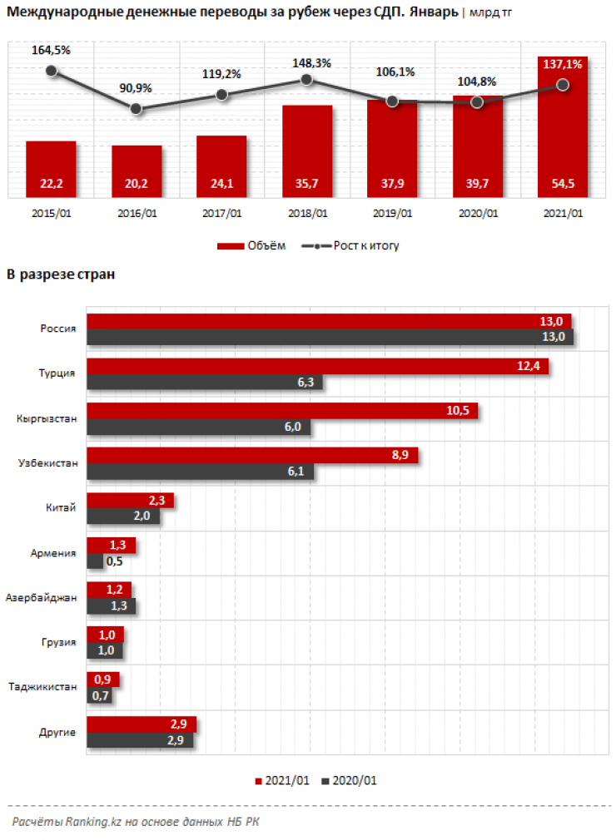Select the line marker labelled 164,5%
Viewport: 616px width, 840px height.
52,72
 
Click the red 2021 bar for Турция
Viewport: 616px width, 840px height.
317,366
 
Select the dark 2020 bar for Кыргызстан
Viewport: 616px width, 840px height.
199,427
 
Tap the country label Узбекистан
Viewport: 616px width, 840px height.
47,463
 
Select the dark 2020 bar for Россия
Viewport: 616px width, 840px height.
330,337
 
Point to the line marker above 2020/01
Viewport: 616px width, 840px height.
476,101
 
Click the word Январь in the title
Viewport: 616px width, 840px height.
432,12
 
